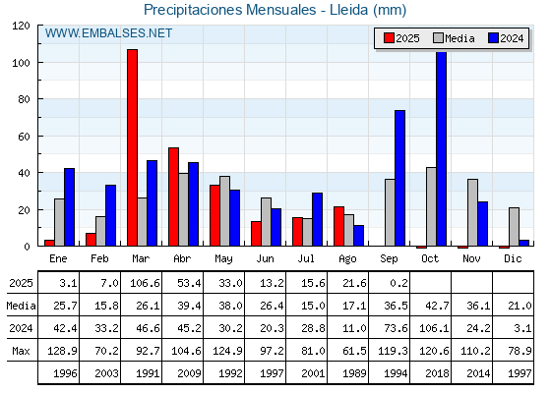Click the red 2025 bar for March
133,147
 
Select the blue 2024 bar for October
442,148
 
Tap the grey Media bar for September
390,212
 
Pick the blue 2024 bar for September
399,178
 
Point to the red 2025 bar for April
173,196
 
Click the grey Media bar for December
514,227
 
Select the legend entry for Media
454,38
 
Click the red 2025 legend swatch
389,38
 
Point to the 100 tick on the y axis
39,63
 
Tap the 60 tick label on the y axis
24,137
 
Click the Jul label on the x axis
306,258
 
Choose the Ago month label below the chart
347,259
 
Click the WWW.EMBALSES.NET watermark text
108,33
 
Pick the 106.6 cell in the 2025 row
145,283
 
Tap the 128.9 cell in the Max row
62,351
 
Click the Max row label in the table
21,351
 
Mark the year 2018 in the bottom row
437,373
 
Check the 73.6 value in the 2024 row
396,328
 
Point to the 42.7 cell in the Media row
437,306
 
